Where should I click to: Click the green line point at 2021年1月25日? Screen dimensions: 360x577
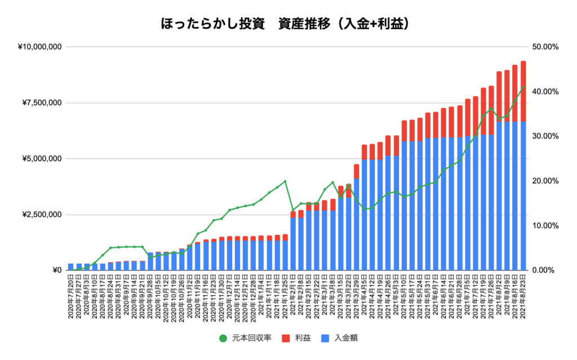(x=285, y=181)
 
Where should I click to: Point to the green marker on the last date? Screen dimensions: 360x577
(x=523, y=87)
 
